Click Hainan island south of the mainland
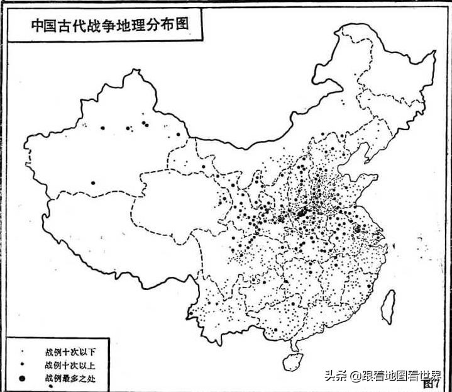pos(290,360)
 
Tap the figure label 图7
pos(431,381)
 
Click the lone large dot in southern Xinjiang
pos(93,183)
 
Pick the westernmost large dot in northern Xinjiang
pos(102,128)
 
